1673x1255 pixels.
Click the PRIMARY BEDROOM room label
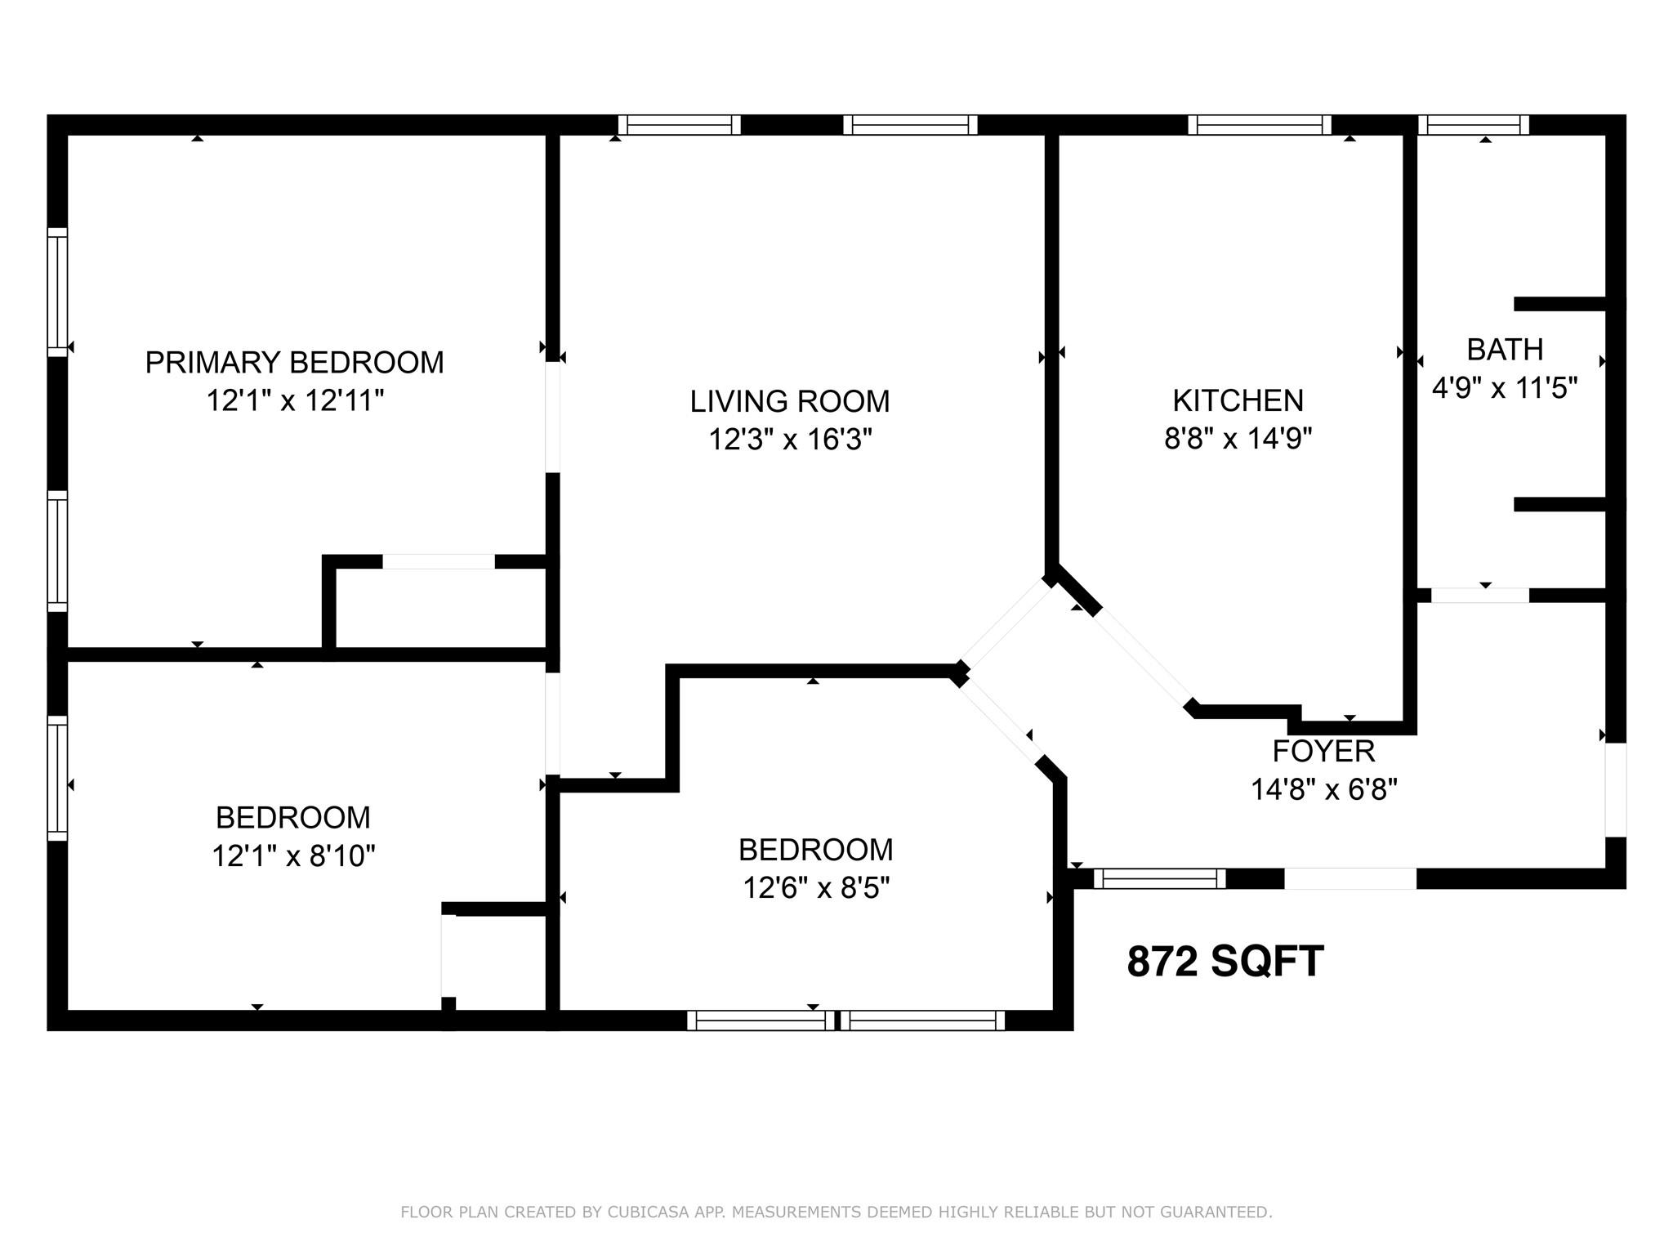[294, 362]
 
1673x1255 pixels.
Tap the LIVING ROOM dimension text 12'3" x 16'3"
[789, 440]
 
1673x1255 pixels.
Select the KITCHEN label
[1238, 400]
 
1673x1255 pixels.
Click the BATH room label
[1505, 350]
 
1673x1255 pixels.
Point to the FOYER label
[1323, 751]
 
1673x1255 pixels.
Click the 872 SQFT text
[1225, 962]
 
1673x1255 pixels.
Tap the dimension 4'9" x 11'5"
[1504, 388]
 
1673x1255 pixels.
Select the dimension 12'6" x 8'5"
[815, 887]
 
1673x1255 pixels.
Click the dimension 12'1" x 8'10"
[293, 855]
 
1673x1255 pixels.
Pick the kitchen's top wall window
[1259, 125]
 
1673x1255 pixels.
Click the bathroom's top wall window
[1473, 125]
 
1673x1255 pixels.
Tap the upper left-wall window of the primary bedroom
[57, 293]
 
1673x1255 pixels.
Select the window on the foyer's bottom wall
[1159, 878]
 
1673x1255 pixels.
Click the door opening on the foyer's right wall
[1615, 789]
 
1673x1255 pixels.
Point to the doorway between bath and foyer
[1479, 596]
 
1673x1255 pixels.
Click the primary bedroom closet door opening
[439, 561]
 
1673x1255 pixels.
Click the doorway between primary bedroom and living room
[553, 417]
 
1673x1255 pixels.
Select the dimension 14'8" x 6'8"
[1323, 789]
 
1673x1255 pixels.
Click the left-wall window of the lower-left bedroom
[57, 778]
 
